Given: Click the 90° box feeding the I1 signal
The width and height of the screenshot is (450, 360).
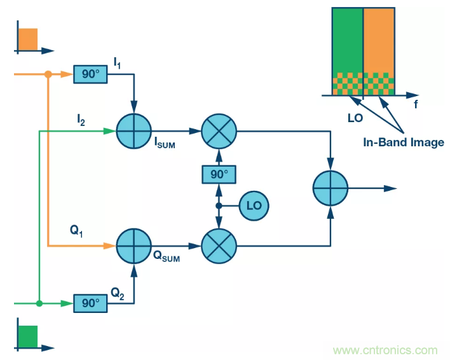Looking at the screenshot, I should (90, 74).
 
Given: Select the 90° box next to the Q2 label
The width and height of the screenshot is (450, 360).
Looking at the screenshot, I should (90, 303).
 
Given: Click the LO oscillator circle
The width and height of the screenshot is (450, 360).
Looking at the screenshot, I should (254, 205).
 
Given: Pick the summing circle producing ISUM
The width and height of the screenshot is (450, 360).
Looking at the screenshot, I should (133, 131).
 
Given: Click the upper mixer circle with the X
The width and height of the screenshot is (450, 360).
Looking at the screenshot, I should (218, 132).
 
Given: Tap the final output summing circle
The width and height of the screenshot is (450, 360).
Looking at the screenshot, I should (331, 188).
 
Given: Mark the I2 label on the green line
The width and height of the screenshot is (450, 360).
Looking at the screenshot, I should (81, 120).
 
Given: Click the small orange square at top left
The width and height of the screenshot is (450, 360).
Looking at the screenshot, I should (28, 39).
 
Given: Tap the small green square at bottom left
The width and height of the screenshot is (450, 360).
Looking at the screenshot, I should (28, 336).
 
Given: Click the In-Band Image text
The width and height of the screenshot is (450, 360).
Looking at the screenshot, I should (404, 142).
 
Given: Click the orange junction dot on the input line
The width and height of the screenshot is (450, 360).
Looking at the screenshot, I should (48, 74).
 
